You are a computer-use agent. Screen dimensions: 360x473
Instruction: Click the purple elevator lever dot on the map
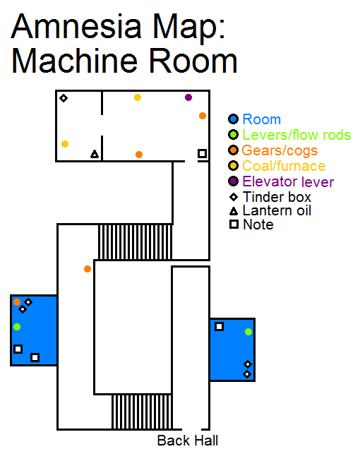(188, 97)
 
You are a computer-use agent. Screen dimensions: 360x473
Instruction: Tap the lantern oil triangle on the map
(95, 154)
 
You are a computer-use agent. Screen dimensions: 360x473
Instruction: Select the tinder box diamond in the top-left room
(64, 98)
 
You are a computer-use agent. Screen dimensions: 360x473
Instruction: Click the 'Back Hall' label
(187, 441)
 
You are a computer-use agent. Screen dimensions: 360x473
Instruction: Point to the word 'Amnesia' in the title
(76, 27)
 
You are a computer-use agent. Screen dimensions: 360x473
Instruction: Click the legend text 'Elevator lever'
(288, 181)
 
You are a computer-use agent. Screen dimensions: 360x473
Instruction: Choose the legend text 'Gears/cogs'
(280, 150)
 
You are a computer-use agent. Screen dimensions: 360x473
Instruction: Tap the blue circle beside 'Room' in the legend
(233, 119)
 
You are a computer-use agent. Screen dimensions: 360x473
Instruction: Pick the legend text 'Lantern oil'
(277, 210)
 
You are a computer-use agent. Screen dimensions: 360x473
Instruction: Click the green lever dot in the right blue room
(248, 332)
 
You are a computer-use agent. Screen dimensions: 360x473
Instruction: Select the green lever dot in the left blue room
(17, 327)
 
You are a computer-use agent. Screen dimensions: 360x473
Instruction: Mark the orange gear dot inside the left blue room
(17, 302)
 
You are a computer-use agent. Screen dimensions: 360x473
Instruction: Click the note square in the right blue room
(220, 326)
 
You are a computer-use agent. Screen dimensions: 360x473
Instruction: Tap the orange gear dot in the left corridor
(88, 269)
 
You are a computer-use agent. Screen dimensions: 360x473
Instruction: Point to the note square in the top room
(203, 153)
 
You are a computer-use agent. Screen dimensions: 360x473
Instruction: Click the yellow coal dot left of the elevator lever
(138, 97)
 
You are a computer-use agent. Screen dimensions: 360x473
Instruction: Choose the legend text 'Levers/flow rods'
(296, 135)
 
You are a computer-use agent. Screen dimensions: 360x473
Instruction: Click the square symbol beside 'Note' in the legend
(234, 224)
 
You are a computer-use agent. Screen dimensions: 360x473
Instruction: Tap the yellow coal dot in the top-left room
(65, 144)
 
